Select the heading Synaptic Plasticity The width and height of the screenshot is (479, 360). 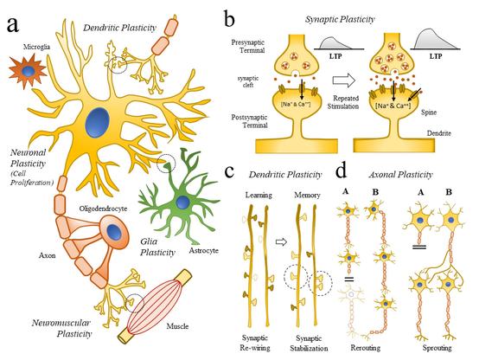pyautogui.click(x=347, y=17)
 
